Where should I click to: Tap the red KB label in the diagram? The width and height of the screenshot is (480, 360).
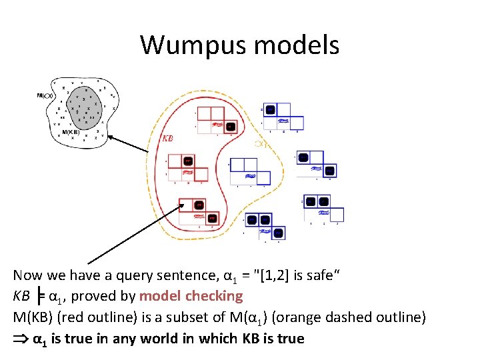tap(168, 139)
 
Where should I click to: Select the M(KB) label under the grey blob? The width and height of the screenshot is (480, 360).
tap(71, 132)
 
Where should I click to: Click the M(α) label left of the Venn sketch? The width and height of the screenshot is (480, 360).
tap(45, 96)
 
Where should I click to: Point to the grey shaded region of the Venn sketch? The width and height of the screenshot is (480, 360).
tap(83, 110)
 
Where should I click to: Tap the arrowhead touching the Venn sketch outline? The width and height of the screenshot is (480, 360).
tap(111, 137)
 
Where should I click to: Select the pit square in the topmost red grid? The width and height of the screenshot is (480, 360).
tap(230, 126)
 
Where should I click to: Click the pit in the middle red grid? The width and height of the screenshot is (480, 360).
tap(189, 161)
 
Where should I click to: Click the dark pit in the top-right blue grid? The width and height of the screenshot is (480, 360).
tap(270, 110)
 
